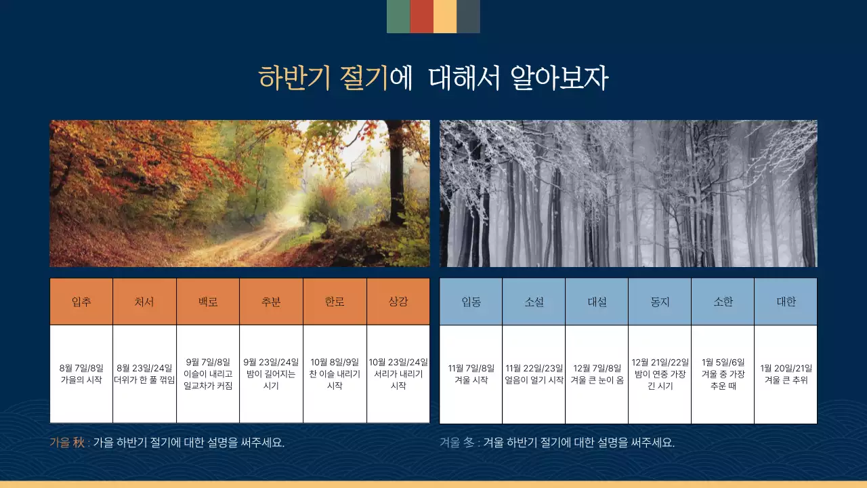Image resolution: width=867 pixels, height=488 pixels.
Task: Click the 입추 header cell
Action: (x=81, y=302)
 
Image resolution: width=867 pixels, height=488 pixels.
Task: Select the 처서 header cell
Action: (x=144, y=302)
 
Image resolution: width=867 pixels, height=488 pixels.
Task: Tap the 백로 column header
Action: (x=208, y=302)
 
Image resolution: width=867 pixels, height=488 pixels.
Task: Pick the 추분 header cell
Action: (x=271, y=302)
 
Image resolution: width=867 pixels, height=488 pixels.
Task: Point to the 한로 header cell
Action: (x=335, y=302)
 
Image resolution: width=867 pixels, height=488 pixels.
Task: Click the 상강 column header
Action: (x=398, y=302)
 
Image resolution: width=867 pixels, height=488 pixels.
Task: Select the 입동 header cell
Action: (x=471, y=302)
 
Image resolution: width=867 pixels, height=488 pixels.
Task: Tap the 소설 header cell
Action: (x=534, y=302)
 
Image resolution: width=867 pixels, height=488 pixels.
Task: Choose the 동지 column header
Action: (x=660, y=302)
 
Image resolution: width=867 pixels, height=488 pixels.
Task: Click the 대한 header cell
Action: (x=786, y=302)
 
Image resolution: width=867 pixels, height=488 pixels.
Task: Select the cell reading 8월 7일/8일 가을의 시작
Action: (x=81, y=374)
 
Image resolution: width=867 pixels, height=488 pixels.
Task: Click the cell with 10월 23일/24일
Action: (x=398, y=374)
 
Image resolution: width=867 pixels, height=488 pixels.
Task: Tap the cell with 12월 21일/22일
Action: (x=660, y=374)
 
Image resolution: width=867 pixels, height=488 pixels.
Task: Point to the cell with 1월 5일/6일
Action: (x=723, y=374)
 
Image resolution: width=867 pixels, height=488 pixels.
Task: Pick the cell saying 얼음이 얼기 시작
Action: (x=534, y=374)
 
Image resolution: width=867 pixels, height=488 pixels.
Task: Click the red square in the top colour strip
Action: (x=422, y=16)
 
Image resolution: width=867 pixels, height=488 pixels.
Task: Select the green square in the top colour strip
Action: (x=398, y=16)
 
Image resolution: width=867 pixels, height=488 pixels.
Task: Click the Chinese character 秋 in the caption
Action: (x=79, y=443)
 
